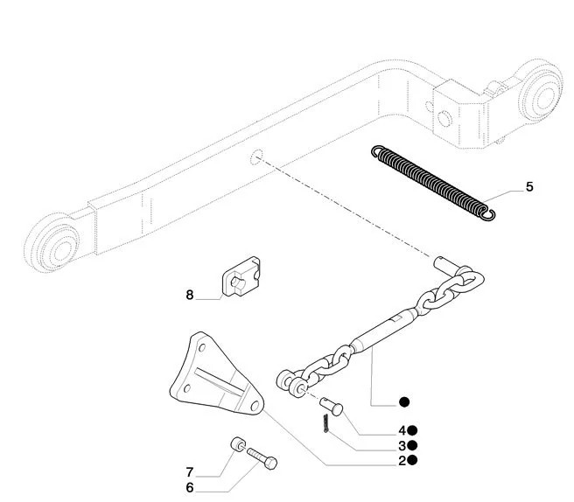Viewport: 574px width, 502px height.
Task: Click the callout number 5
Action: (529, 187)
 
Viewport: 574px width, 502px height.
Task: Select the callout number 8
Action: (189, 296)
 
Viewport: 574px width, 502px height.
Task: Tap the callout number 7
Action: (189, 473)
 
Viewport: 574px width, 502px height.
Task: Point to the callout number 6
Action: (189, 487)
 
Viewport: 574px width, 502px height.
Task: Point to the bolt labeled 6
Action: (262, 457)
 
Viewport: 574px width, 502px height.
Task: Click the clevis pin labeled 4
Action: (331, 406)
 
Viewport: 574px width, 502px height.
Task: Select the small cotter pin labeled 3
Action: (324, 423)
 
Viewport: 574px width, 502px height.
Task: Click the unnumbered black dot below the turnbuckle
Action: (403, 402)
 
